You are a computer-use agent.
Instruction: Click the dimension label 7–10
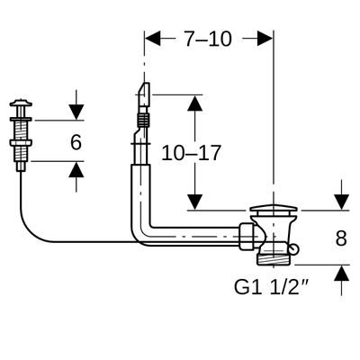click(x=208, y=39)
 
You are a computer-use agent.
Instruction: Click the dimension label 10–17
click(x=191, y=153)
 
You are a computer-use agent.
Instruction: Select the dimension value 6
click(x=76, y=142)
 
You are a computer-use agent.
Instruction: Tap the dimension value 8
click(x=341, y=238)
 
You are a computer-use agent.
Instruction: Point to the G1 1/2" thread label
click(x=272, y=287)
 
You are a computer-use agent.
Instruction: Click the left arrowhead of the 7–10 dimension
click(x=153, y=38)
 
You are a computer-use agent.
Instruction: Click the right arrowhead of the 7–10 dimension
click(x=265, y=38)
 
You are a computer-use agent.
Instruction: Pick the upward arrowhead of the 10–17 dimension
click(x=195, y=103)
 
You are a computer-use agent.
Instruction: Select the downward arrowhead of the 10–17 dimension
click(x=195, y=202)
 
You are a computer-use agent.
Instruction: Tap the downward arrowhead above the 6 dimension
click(x=76, y=112)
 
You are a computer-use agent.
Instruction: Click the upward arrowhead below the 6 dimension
click(x=76, y=169)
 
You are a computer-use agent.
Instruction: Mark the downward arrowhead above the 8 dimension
click(x=342, y=202)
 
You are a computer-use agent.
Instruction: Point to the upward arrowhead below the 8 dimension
click(x=342, y=274)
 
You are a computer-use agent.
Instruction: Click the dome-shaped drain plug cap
click(x=274, y=209)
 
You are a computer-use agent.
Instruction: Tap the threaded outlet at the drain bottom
click(x=273, y=259)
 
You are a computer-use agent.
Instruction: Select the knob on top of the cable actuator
click(x=21, y=103)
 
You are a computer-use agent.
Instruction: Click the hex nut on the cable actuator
click(x=21, y=143)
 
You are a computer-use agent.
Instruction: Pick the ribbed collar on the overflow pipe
click(x=143, y=121)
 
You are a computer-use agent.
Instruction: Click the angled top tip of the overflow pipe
click(x=144, y=91)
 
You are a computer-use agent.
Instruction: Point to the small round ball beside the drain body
click(x=294, y=247)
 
